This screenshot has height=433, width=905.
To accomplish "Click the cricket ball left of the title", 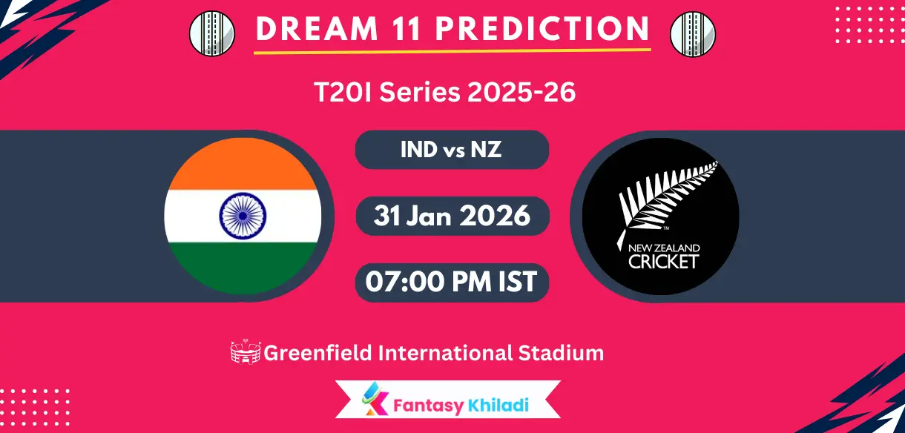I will (x=212, y=33).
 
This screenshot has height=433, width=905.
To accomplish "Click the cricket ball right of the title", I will (x=692, y=33).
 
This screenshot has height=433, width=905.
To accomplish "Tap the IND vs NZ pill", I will (x=452, y=150).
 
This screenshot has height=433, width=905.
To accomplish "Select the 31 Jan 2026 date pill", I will (x=452, y=216).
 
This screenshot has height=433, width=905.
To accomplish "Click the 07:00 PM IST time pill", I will (x=452, y=282).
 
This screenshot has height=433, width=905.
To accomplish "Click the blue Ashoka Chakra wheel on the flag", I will (x=243, y=216).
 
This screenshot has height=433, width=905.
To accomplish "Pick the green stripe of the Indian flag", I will (x=243, y=271).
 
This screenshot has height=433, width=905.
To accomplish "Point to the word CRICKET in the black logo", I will (x=663, y=261).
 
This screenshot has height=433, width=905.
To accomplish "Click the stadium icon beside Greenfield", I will (x=246, y=353).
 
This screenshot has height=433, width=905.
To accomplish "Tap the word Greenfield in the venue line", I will (x=317, y=353).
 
